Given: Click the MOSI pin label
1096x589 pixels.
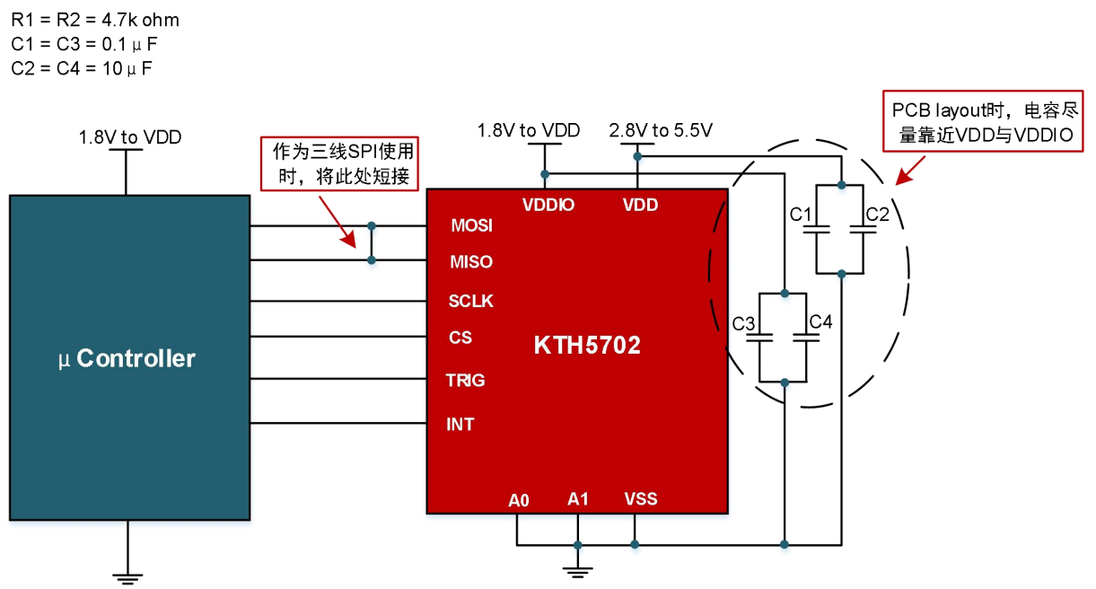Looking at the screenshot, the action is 471,225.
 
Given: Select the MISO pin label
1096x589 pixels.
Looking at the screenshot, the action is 471,262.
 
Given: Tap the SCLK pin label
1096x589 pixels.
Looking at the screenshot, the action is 470,301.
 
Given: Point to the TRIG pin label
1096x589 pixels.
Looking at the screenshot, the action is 465,380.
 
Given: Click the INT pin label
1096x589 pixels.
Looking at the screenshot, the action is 460,424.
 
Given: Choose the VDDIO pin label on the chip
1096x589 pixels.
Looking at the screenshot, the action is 548,205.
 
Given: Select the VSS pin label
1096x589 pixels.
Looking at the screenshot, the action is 641,499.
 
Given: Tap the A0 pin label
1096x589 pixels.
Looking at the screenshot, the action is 519,500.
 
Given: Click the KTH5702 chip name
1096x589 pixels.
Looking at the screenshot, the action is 587,345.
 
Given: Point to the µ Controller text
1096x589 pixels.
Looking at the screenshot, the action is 127,358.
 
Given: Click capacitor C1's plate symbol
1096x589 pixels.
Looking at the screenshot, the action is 816,229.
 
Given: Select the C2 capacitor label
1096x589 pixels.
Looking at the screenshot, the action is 877,215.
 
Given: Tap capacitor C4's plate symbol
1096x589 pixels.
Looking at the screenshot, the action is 806,338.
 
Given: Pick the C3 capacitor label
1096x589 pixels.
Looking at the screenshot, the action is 743,323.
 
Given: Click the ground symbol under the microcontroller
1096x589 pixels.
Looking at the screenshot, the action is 127,579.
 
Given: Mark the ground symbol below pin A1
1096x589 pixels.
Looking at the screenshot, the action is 577,572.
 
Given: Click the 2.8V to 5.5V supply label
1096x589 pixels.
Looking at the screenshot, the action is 661,130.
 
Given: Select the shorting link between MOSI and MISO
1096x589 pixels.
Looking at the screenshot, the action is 372,243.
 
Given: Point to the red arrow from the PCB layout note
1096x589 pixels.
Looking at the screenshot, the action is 910,171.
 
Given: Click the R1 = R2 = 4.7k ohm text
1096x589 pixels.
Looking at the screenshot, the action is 95,20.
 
